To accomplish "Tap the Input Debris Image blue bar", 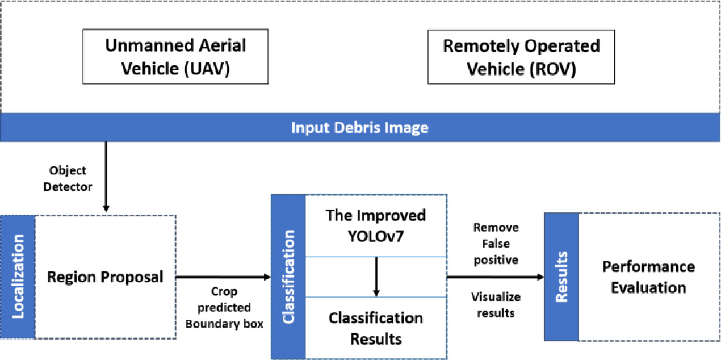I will coord(360,127).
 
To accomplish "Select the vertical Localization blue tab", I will coord(18,277).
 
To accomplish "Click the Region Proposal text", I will coord(105,277).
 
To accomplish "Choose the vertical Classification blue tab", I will coord(288,277).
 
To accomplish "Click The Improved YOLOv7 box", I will coord(376,225).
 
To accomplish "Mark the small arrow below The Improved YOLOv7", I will coord(376,277).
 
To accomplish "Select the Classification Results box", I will coord(376,328).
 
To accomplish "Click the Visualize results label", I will coord(496,305).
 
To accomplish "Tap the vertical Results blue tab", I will coord(561,277).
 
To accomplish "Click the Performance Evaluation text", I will coord(648,277).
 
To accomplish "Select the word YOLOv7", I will coord(376,235).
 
